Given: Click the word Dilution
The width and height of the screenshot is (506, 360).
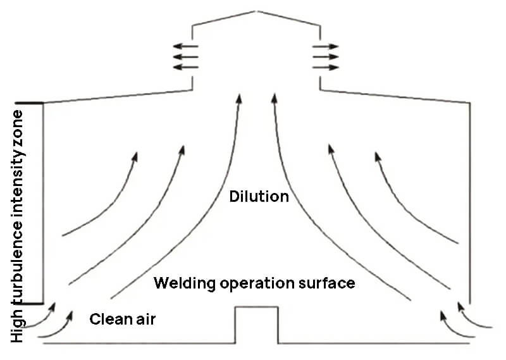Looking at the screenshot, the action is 259,196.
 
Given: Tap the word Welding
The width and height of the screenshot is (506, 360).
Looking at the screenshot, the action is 184,283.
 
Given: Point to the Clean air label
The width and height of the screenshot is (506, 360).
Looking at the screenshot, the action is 123,319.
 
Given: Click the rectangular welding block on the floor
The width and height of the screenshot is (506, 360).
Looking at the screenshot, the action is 257,325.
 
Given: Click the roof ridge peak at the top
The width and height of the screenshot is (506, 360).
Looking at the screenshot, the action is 256,11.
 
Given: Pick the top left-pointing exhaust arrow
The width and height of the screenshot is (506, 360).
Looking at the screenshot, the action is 185,46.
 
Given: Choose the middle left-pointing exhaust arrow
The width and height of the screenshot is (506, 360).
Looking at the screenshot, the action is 185,57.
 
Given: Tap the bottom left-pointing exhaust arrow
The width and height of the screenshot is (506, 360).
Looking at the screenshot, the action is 185,67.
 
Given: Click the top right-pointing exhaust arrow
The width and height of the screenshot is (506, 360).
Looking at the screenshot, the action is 326,46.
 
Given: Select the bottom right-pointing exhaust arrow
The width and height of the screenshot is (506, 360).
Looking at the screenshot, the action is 326,68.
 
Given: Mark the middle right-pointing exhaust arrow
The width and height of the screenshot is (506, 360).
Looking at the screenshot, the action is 326,57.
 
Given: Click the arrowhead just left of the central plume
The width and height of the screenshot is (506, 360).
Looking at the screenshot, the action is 239,98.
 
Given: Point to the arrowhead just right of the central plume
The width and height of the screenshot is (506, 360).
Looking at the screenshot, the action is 274,98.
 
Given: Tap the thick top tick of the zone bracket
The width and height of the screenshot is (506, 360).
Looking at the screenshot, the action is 29,102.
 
